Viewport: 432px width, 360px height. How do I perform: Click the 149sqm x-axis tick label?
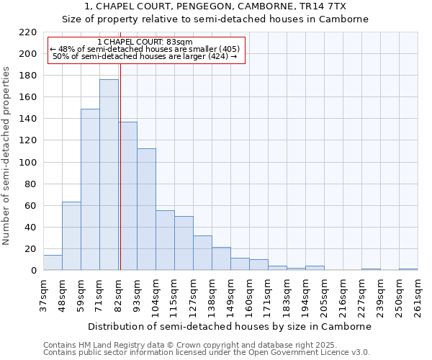(230, 297)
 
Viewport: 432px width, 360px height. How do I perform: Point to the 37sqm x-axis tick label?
(43, 297)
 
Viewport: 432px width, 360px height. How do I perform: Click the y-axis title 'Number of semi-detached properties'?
(6, 156)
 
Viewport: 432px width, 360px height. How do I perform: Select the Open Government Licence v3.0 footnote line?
(207, 352)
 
